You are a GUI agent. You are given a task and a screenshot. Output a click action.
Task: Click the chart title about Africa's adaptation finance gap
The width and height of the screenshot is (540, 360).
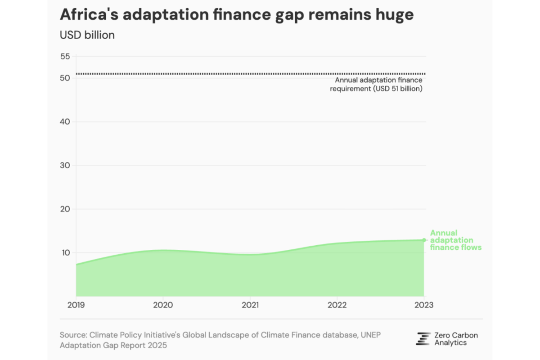click(237, 15)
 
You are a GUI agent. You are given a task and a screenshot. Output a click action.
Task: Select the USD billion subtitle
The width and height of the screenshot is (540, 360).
click(87, 35)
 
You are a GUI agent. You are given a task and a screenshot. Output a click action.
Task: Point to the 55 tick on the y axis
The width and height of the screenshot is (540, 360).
click(65, 56)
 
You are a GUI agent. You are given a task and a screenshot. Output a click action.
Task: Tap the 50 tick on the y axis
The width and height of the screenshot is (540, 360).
click(65, 78)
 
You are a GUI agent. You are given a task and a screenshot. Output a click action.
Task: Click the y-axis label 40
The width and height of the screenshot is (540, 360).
click(65, 121)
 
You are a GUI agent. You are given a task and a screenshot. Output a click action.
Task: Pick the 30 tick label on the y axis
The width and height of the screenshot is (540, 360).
click(65, 165)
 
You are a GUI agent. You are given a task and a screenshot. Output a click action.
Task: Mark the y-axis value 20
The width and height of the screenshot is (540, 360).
click(65, 209)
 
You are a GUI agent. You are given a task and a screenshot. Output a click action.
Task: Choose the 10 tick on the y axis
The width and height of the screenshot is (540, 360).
click(65, 252)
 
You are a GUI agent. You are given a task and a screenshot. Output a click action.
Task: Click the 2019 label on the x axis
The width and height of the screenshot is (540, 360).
click(76, 305)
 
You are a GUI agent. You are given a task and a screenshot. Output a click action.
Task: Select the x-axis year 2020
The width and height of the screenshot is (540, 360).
click(163, 305)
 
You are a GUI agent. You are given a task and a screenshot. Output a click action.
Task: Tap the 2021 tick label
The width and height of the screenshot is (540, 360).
click(250, 305)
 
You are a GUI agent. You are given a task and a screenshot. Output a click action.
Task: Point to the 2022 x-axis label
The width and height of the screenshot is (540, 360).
click(337, 305)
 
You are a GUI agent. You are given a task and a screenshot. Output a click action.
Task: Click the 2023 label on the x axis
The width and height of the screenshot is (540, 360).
click(424, 305)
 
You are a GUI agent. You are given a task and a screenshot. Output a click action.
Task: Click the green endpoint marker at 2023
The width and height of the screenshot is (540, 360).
click(424, 240)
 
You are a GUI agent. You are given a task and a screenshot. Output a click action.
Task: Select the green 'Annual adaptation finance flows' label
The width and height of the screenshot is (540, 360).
click(455, 240)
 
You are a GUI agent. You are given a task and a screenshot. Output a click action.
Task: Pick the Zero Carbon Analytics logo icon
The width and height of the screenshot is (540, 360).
click(423, 339)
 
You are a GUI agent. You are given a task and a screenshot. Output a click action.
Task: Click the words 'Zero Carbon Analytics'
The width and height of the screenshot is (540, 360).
click(456, 339)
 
